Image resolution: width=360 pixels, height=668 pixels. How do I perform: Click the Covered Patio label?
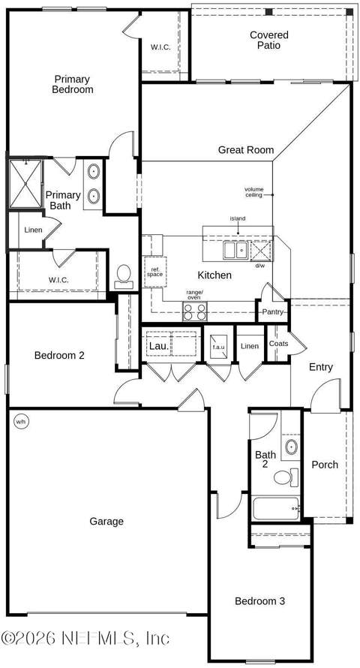click(x=269, y=40)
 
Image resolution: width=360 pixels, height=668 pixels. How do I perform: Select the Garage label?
click(x=106, y=521)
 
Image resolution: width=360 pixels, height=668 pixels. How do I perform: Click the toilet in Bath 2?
click(x=286, y=477)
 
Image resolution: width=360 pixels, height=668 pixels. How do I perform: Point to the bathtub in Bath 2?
click(x=277, y=508)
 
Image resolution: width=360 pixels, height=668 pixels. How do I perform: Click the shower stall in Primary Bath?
click(x=25, y=184)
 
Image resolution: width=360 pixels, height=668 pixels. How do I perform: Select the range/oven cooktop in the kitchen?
click(x=194, y=311)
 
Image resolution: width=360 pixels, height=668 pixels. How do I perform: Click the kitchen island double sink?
click(x=235, y=250)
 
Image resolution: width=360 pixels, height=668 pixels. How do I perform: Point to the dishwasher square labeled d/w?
click(x=260, y=251)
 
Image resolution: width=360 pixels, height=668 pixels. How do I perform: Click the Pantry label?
click(x=273, y=311)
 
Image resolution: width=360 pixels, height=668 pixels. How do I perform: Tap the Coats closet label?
click(x=279, y=343)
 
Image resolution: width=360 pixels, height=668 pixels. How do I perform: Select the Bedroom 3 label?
click(x=260, y=601)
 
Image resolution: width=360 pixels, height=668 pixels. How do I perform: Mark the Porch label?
click(x=325, y=465)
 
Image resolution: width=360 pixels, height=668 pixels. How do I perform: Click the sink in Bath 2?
click(x=292, y=447)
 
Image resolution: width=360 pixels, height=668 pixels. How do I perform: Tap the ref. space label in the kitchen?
click(x=155, y=272)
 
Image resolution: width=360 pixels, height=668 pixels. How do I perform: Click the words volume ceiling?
click(x=254, y=192)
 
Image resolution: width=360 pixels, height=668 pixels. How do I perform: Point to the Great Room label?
click(x=246, y=150)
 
